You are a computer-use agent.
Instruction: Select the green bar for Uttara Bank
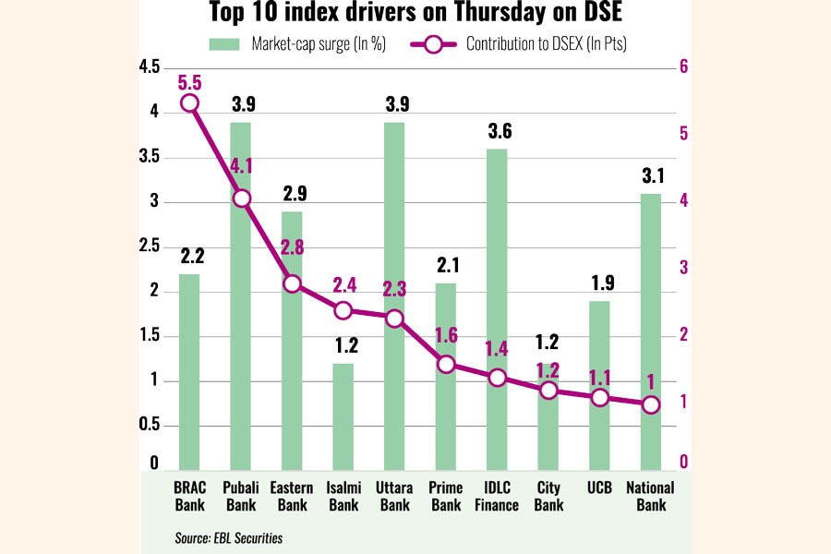[394, 295]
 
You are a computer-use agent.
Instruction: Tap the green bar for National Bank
[651, 332]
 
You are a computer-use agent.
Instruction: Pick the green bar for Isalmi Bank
[343, 416]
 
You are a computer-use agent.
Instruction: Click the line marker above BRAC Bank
[189, 103]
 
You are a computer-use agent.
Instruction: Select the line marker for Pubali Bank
[241, 199]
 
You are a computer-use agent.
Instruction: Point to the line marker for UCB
[600, 398]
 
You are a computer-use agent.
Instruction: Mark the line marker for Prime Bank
[446, 365]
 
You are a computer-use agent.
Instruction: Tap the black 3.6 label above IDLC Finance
[499, 133]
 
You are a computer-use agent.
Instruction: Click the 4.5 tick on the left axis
[147, 66]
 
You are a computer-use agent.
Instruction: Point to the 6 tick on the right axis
[684, 66]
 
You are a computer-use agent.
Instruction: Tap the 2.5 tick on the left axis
[147, 247]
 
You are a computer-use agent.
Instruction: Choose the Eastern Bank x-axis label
[292, 496]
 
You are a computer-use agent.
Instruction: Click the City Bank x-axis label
[548, 496]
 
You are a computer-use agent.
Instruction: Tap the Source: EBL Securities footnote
[228, 537]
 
